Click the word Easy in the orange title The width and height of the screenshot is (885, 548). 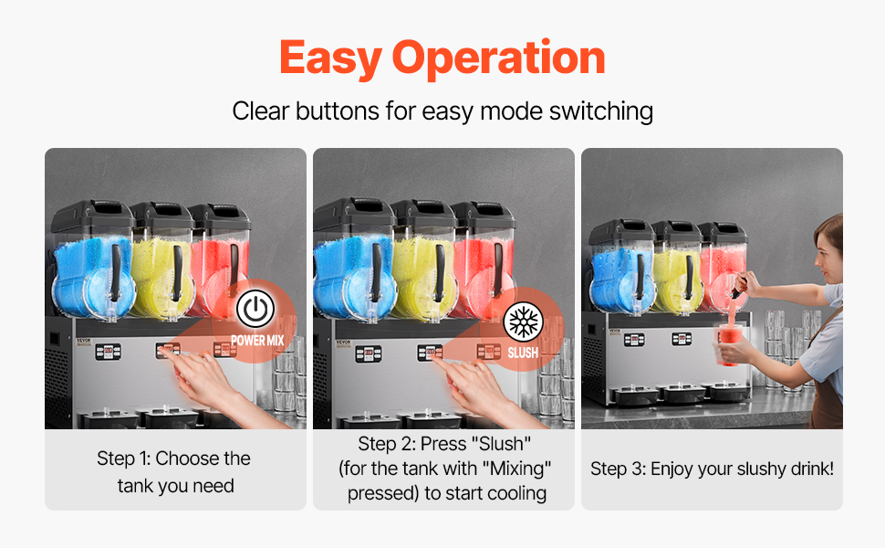pos(331,58)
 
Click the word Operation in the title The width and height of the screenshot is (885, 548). pos(499,58)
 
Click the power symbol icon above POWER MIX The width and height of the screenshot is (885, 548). pos(255,309)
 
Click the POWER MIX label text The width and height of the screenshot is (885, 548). pos(257,340)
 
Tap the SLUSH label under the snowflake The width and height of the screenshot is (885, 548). pos(523,353)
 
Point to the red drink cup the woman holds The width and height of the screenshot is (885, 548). pos(729,344)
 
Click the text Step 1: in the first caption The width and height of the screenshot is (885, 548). pos(123,458)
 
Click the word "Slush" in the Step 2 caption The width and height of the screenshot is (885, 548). pos(504,444)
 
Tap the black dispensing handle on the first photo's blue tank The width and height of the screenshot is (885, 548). pos(116,271)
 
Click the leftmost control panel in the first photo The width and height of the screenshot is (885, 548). pos(108,352)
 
